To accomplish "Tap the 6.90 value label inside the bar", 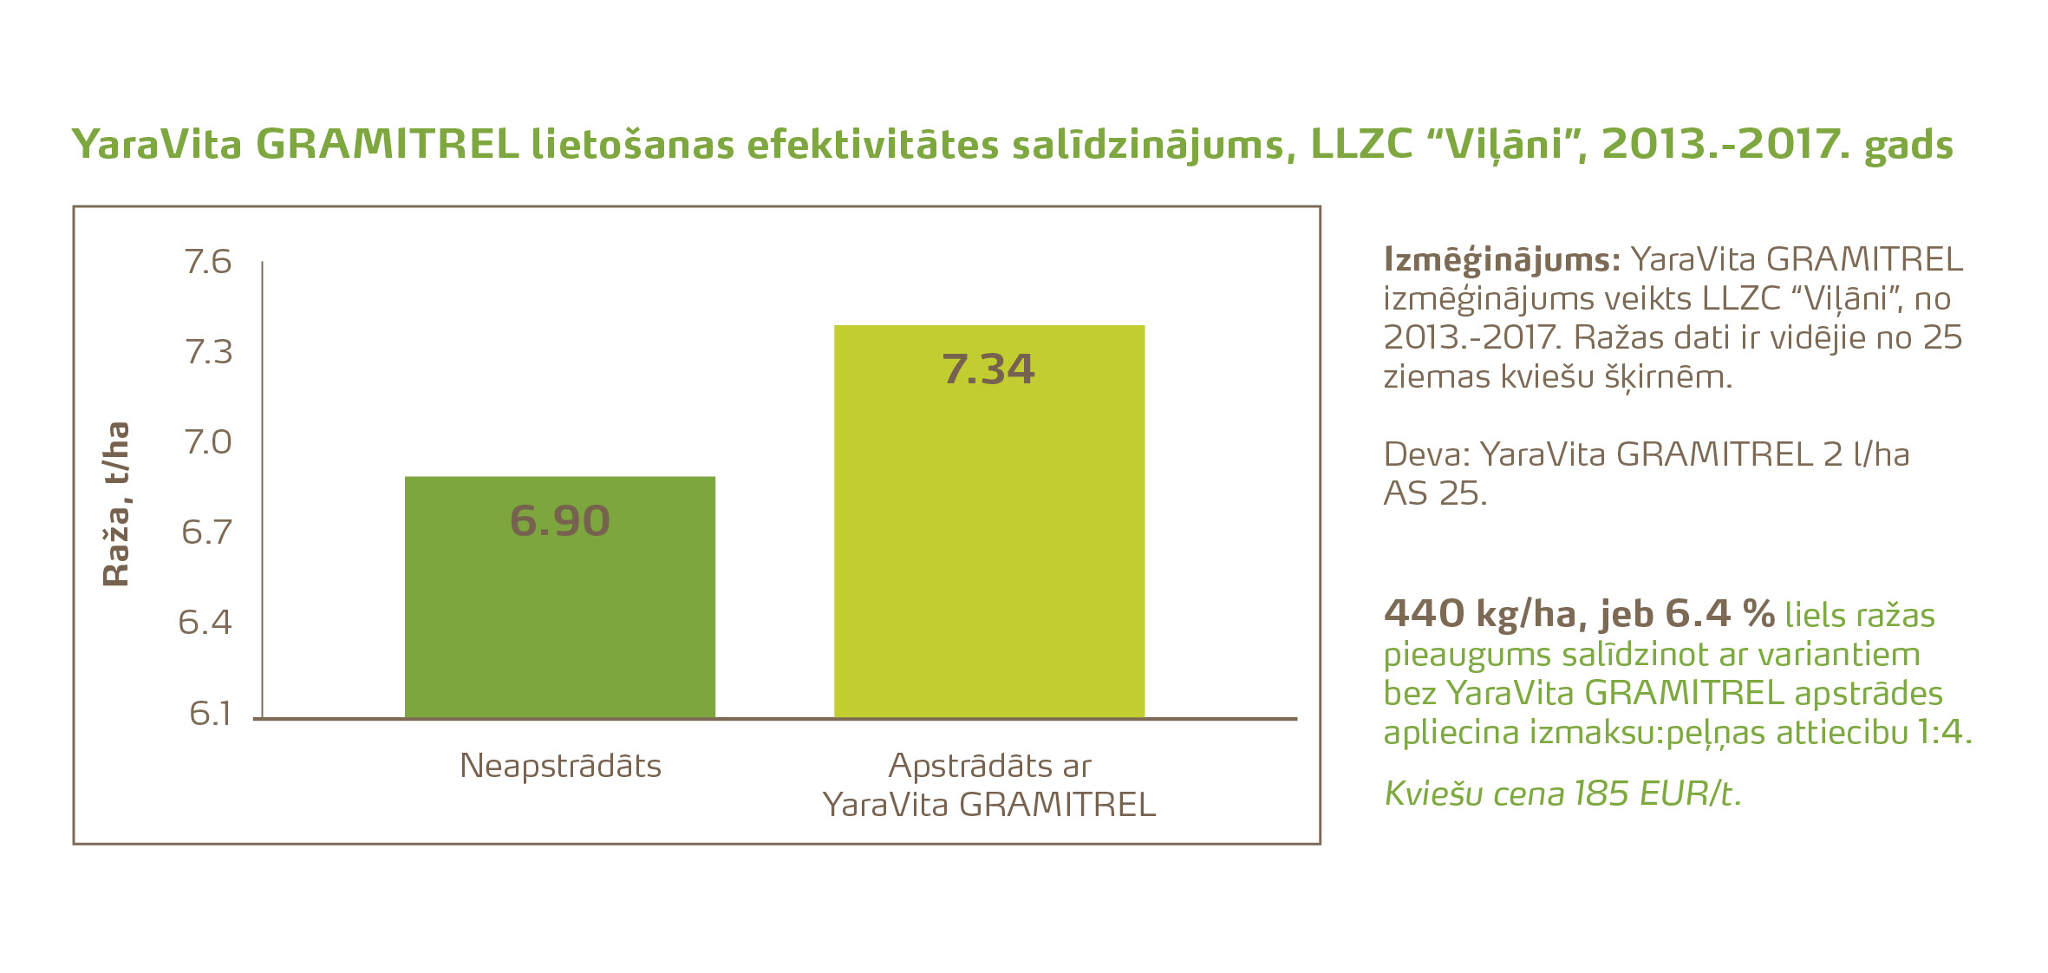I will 560,520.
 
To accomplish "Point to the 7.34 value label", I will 988,369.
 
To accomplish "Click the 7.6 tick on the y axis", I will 208,262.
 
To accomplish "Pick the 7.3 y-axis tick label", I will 208,352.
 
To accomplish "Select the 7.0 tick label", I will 208,442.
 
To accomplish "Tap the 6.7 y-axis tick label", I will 207,532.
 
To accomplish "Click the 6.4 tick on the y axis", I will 205,623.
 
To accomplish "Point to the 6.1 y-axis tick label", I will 210,713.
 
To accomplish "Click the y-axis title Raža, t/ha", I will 116,505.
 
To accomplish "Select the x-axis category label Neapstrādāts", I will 560,766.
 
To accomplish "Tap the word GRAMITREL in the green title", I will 387,144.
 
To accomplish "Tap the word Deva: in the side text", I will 1426,454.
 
